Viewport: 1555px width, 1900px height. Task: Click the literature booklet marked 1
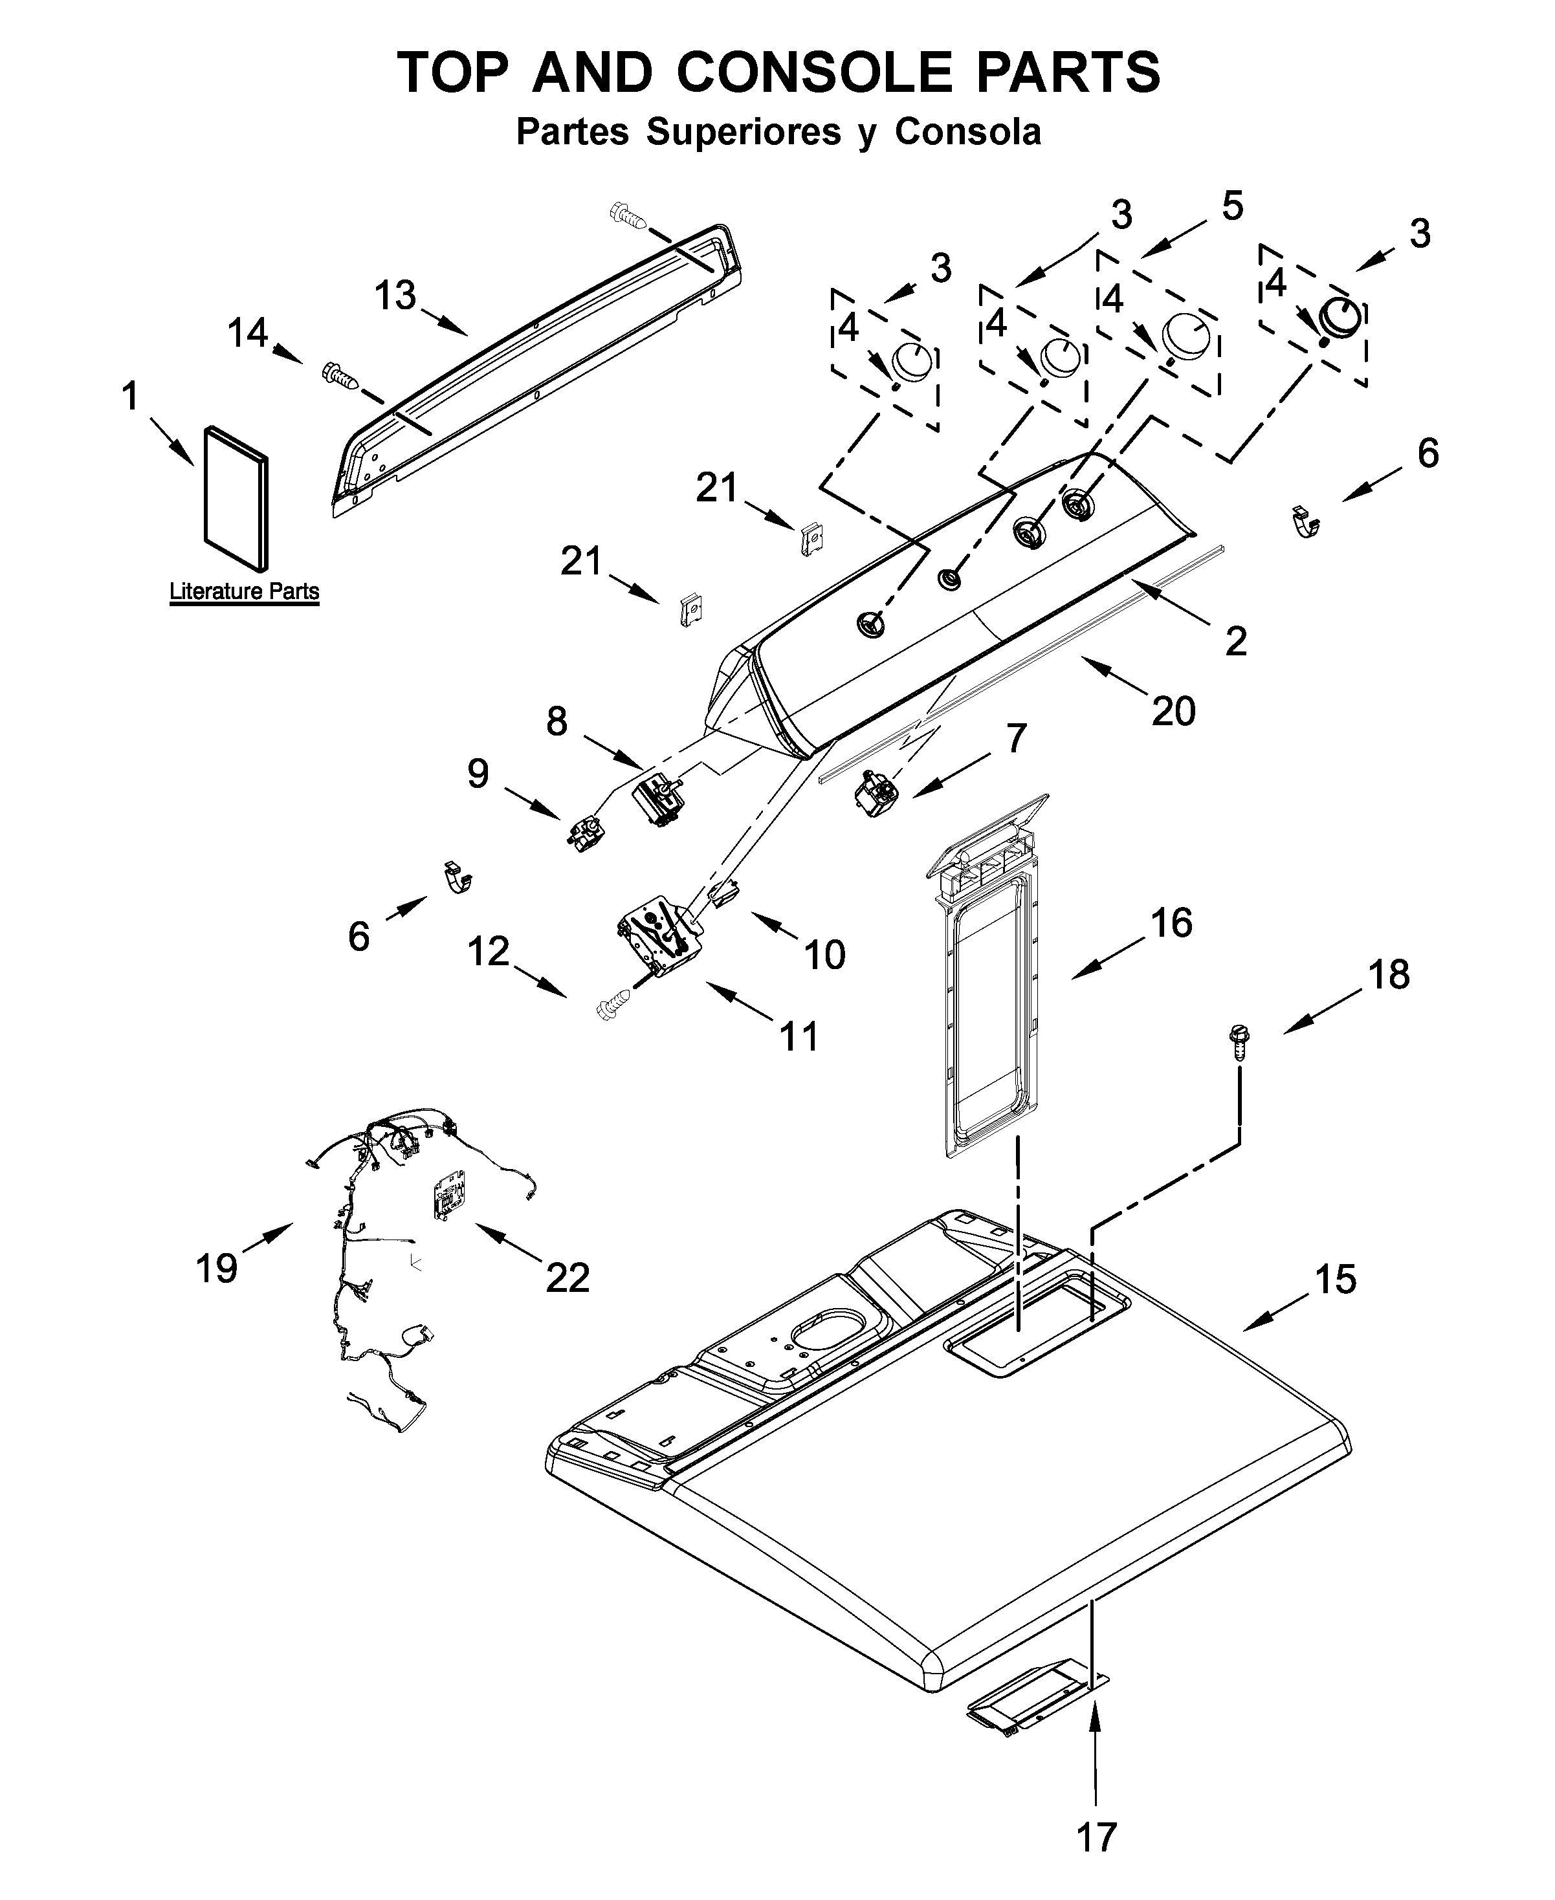point(236,498)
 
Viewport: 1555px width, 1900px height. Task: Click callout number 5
point(1233,207)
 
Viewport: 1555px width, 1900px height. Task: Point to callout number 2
point(1235,641)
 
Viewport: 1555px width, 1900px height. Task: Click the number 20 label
point(1173,711)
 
